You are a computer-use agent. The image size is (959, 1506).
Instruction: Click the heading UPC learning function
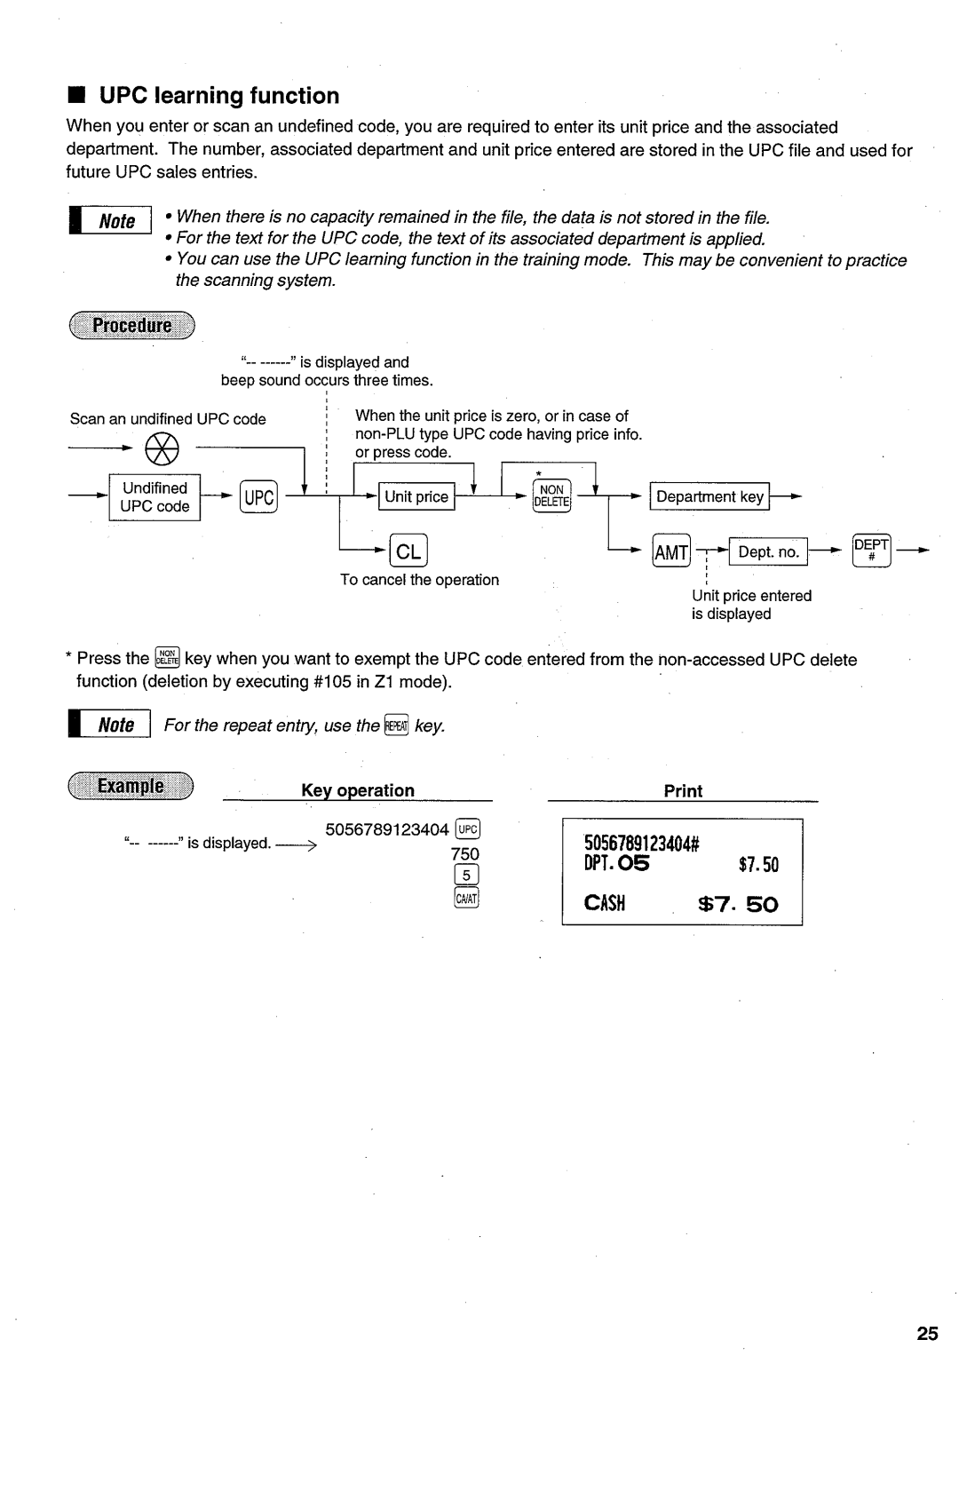218,96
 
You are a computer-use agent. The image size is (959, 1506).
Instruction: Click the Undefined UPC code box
155,497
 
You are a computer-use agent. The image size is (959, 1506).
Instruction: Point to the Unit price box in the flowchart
416,497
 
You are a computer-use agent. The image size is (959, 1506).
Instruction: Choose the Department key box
709,497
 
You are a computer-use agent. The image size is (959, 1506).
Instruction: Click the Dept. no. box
768,552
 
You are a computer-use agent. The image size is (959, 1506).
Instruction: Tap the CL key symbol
408,551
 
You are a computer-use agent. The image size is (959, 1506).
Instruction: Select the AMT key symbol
670,552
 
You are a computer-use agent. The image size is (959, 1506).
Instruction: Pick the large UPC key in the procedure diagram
258,497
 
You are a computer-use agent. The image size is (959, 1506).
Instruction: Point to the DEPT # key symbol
871,551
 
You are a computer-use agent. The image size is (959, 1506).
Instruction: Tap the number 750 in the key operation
464,854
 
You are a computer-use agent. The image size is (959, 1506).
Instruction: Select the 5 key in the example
466,876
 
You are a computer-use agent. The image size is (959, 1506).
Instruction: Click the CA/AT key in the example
466,899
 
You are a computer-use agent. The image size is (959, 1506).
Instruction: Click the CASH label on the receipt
605,904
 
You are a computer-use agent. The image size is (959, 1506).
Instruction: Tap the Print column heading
683,791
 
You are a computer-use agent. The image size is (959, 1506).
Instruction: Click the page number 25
927,1333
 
